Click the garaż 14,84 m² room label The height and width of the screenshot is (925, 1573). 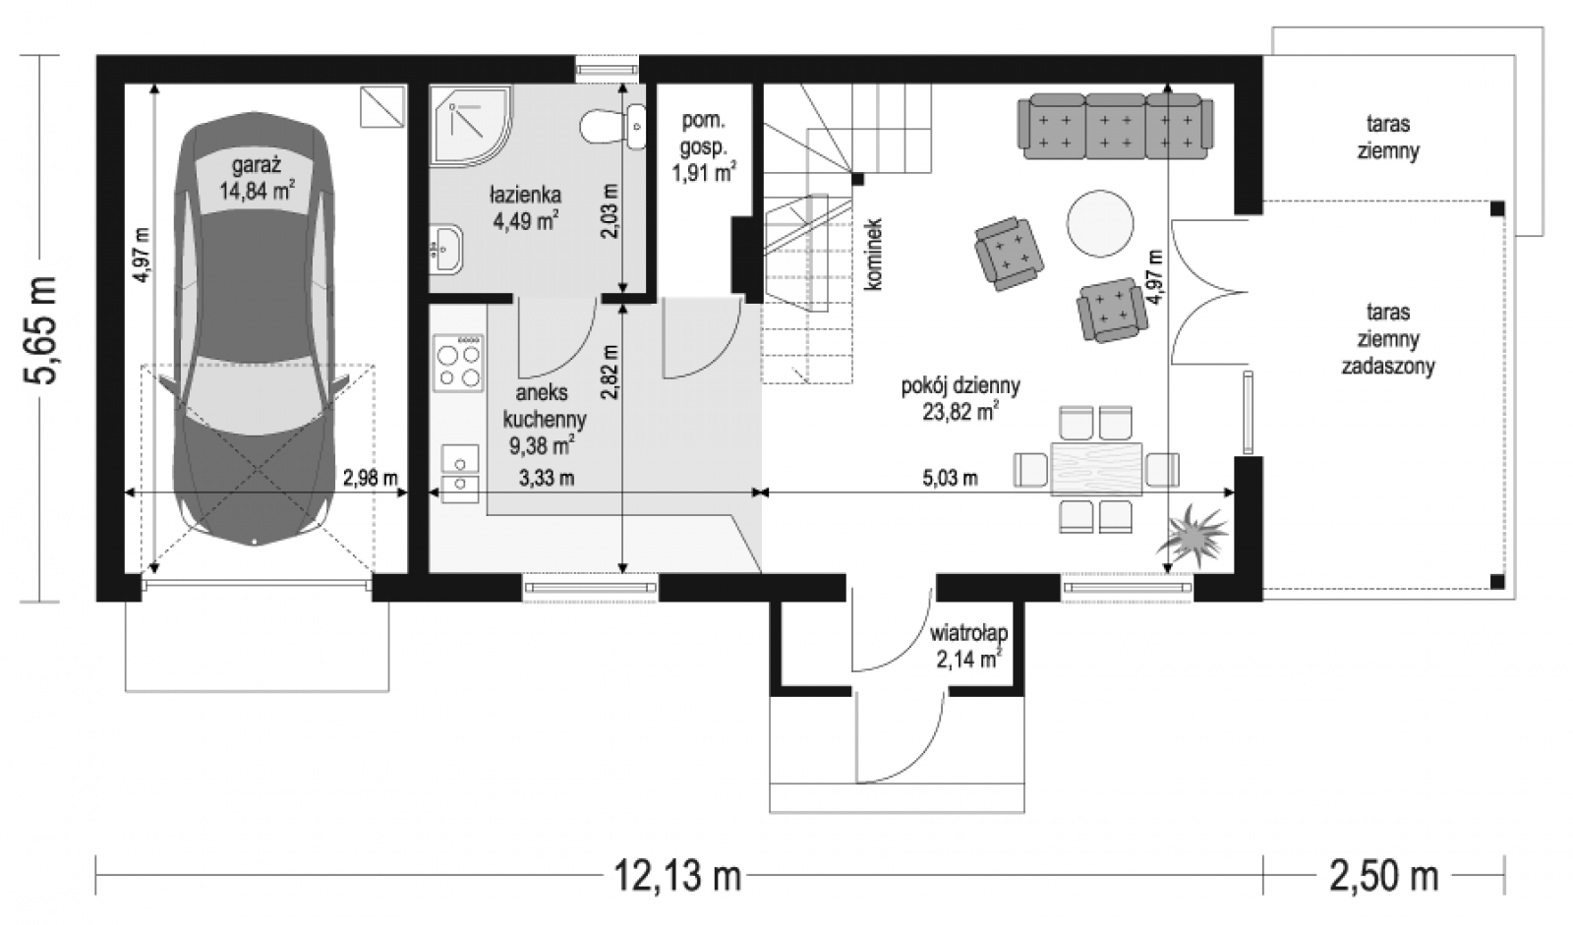click(257, 178)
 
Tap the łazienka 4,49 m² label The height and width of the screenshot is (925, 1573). click(525, 207)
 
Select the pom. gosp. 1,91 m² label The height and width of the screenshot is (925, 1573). click(704, 146)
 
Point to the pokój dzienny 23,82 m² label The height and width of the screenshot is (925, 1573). click(961, 398)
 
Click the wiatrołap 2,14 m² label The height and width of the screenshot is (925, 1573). click(968, 646)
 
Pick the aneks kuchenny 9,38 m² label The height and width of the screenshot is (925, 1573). click(545, 419)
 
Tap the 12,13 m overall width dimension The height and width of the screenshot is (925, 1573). click(677, 876)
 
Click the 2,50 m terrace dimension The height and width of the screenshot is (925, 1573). click(1383, 876)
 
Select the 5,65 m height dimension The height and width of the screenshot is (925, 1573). click(40, 329)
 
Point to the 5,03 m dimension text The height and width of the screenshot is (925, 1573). click(950, 479)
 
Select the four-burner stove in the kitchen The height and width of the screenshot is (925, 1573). click(458, 363)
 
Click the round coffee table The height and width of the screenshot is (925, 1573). click(1100, 223)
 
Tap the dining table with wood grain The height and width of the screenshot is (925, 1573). click(1095, 469)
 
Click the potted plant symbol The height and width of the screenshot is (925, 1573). click(1192, 535)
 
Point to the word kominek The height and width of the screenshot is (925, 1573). click(873, 255)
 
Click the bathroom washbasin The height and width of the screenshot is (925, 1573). click(446, 249)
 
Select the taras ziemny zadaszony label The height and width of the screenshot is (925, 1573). click(1387, 339)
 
